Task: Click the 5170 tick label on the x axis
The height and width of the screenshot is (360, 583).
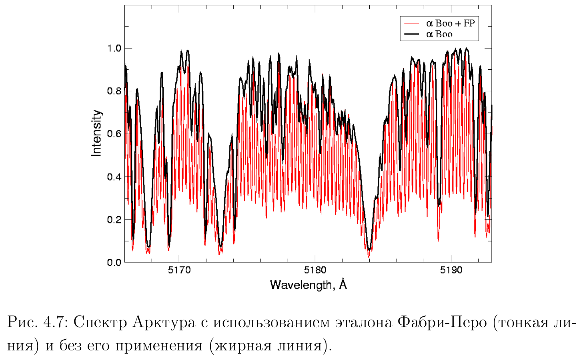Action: click(179, 270)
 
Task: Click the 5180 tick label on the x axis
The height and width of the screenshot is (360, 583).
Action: click(315, 270)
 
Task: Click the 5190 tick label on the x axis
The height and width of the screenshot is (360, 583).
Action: click(451, 270)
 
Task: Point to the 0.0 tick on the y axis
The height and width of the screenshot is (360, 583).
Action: click(114, 263)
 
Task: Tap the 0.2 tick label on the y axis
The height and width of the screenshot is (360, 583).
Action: click(114, 220)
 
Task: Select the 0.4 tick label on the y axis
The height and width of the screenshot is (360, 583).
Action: click(114, 177)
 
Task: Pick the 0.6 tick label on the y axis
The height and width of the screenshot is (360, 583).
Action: click(114, 134)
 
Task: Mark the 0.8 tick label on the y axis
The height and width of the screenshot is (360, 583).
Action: click(114, 91)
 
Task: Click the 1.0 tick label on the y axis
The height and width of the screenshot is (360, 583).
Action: click(114, 48)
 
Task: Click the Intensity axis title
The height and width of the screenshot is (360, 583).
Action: click(97, 133)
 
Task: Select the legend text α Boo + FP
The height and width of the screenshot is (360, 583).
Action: click(450, 24)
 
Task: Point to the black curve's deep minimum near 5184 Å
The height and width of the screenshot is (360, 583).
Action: click(369, 249)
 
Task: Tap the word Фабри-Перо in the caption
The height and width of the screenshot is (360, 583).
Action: click(442, 323)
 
